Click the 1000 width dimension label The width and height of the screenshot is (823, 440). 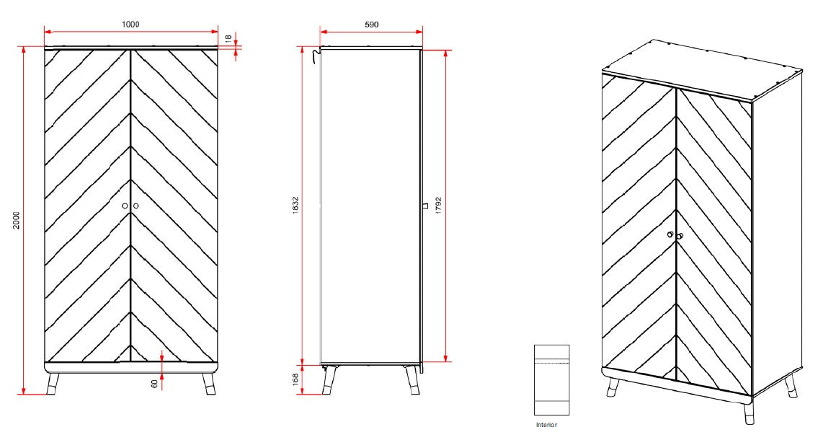tap(130, 25)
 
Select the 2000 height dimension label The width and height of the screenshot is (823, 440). tap(17, 221)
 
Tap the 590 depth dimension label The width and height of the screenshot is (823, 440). tap(371, 25)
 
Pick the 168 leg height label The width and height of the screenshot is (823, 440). tap(295, 380)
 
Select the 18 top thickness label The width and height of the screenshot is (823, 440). tap(228, 39)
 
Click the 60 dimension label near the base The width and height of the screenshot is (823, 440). tap(154, 383)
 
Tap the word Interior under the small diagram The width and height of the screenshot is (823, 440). tap(546, 425)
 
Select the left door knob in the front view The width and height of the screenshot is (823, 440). tap(125, 206)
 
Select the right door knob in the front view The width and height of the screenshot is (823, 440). tap(135, 206)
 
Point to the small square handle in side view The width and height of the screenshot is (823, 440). tap(424, 206)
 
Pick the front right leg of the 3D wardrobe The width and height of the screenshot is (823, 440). tap(747, 413)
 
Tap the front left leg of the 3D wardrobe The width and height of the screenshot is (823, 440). tap(614, 386)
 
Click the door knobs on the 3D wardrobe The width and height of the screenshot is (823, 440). tap(675, 235)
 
